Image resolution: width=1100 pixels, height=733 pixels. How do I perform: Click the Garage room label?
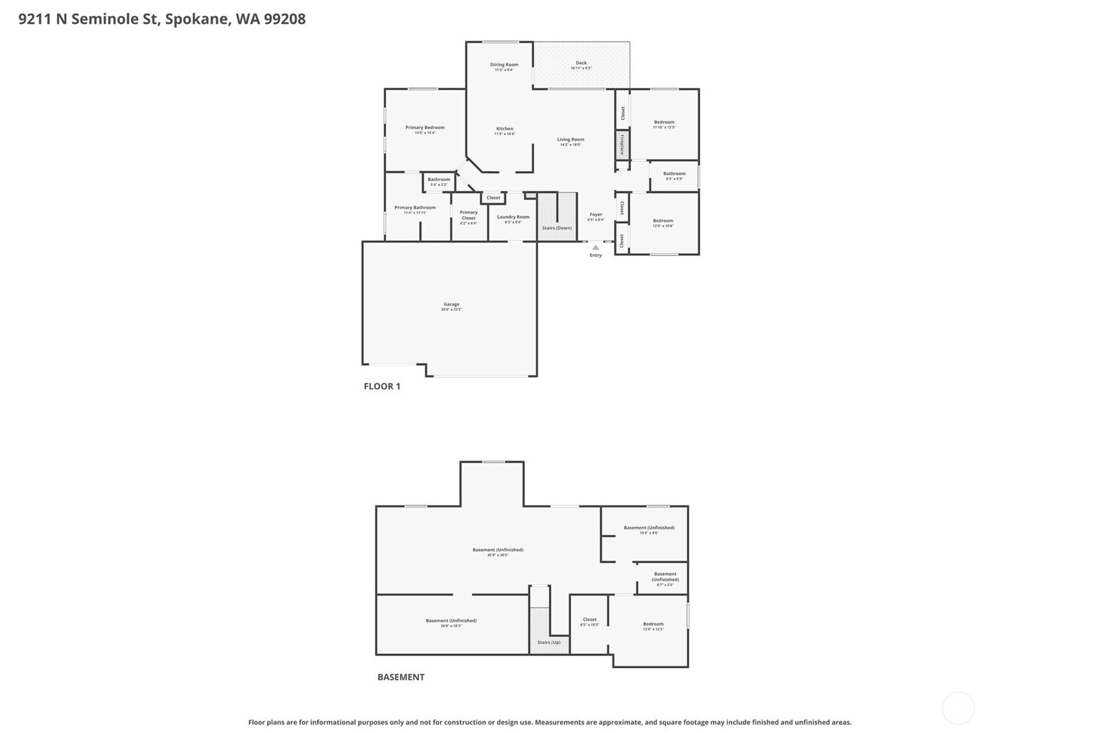451,304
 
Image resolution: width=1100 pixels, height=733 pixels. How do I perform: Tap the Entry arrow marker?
596,247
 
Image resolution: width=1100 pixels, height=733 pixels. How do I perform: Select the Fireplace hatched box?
622,145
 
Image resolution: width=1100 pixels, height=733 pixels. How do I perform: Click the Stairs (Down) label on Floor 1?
557,228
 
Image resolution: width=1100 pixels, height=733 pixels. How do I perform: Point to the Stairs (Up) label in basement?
548,642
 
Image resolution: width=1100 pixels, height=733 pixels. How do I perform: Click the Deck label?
581,63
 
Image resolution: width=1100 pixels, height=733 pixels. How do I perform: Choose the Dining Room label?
504,65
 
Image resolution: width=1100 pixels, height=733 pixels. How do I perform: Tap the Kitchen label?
504,128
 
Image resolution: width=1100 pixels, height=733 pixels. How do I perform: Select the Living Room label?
570,139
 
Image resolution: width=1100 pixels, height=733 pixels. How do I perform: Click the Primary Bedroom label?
425,128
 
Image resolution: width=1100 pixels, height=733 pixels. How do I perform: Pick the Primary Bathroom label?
415,207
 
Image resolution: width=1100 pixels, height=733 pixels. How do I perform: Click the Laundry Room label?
513,217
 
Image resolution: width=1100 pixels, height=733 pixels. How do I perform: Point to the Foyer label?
596,215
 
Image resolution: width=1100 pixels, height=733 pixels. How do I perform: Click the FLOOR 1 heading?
382,386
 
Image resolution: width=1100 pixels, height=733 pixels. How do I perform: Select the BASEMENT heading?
401,677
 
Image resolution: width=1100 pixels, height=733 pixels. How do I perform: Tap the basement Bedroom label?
653,624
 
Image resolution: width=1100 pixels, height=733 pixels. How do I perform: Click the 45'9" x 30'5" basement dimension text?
497,555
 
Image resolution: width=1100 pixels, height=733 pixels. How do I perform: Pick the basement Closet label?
589,620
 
